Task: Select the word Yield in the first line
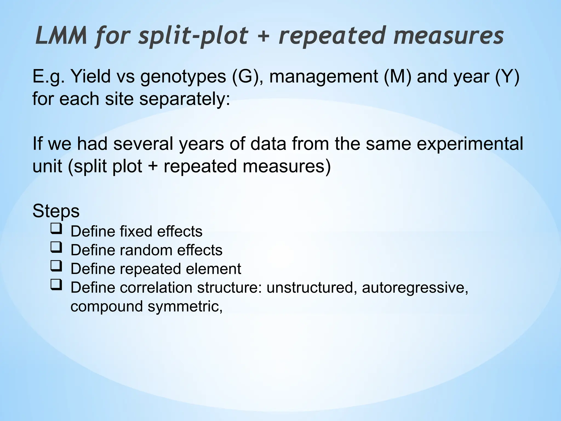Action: pyautogui.click(x=90, y=76)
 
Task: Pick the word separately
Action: pyautogui.click(x=185, y=99)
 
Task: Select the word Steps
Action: pyautogui.click(x=56, y=211)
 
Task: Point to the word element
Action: pyautogui.click(x=213, y=269)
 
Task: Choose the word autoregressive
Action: pyautogui.click(x=414, y=288)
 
